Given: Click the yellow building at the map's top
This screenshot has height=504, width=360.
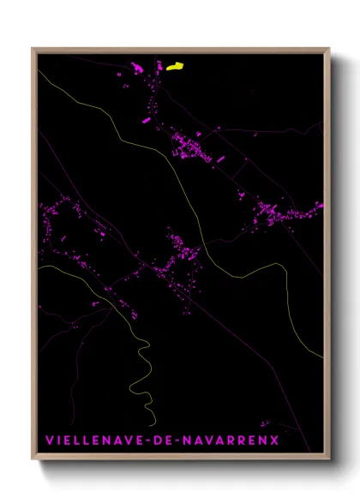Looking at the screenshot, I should [x=174, y=65].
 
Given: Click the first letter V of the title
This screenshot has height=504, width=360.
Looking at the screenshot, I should [x=48, y=440].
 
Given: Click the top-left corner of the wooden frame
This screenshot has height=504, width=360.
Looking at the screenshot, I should [x=33, y=49].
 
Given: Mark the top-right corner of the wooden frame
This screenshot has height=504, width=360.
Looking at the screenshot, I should [x=329, y=49].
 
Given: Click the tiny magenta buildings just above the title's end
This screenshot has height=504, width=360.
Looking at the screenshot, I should [x=265, y=423].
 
